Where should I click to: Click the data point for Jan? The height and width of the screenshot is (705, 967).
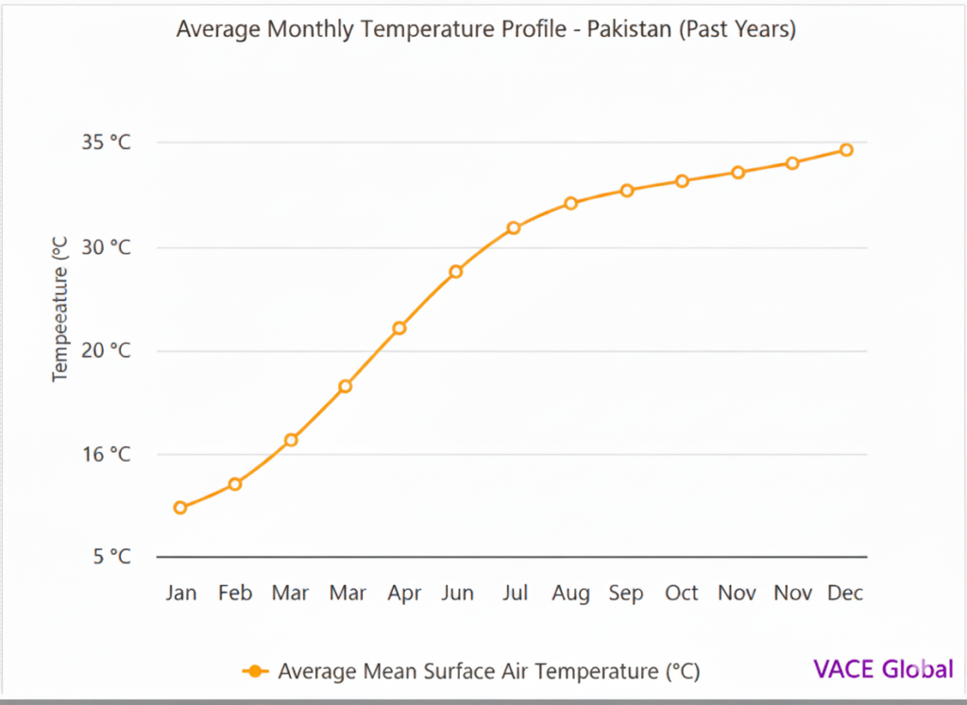180,508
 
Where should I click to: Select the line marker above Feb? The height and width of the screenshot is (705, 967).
235,484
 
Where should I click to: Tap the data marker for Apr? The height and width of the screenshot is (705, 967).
399,328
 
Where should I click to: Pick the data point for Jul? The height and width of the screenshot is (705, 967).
514,228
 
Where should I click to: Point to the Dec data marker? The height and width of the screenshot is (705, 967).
846,150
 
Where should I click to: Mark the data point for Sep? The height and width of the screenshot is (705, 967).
626,191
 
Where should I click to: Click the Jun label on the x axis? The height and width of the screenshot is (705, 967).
458,594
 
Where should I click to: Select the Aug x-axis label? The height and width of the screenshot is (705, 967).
570,594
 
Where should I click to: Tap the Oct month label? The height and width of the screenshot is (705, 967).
681,594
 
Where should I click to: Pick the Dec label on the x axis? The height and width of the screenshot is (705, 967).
845,594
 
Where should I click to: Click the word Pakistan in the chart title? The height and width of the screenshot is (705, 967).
628,29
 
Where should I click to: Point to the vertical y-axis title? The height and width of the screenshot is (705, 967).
61,309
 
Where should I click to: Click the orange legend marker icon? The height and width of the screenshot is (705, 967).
255,671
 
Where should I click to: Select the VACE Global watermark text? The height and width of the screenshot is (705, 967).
883,669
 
